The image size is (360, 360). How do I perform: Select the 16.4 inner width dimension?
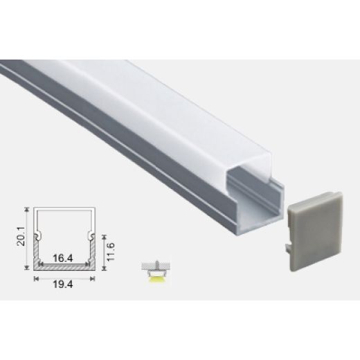click(63, 258)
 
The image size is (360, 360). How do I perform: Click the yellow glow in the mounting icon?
click(155, 278)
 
